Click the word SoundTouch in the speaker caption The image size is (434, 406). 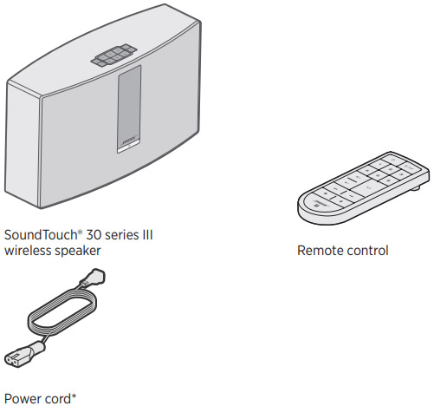pos(41,235)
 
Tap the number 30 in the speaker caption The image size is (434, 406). pos(94,235)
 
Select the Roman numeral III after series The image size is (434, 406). pos(147,235)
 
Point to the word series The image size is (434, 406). pos(121,235)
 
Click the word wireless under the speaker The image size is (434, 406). pos(28,251)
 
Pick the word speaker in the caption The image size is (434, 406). pos(78,251)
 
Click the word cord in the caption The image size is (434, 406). pos(57,399)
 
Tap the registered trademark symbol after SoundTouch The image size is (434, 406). pos(80,232)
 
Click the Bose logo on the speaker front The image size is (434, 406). pos(128,142)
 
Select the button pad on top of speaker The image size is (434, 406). pos(113,56)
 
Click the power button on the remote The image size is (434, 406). pos(394,160)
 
